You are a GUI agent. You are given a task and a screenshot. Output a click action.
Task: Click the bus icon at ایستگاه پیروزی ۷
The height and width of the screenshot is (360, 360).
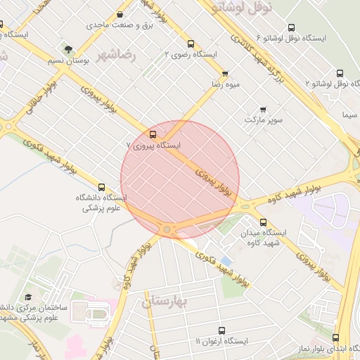153,134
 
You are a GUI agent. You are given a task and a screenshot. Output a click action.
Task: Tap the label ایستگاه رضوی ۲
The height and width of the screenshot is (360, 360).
191,54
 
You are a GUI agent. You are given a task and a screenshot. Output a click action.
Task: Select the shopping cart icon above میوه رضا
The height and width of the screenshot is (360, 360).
225,73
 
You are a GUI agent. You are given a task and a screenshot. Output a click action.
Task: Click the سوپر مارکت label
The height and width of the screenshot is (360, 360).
264,120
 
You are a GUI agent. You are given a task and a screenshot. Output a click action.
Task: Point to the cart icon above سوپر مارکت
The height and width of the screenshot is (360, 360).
263,109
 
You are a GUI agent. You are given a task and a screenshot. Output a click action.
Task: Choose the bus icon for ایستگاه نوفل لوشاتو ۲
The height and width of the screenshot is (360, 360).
340,72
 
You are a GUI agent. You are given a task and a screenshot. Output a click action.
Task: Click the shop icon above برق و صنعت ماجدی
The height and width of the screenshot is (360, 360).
120,15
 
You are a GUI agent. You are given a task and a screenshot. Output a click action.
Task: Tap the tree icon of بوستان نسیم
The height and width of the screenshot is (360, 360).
68,50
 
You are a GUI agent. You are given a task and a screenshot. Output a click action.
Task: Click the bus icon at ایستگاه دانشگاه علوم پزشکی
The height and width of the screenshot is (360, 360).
102,188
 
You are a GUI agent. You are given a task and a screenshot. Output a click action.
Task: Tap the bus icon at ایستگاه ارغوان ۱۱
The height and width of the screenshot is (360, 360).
222,330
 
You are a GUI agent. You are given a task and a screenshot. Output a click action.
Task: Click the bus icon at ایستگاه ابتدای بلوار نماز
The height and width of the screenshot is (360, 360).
335,338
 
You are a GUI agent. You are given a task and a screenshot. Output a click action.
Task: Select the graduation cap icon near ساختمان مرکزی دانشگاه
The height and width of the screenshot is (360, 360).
28,297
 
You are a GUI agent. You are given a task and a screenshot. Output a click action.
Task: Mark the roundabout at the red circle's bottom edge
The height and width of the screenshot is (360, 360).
167,229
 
